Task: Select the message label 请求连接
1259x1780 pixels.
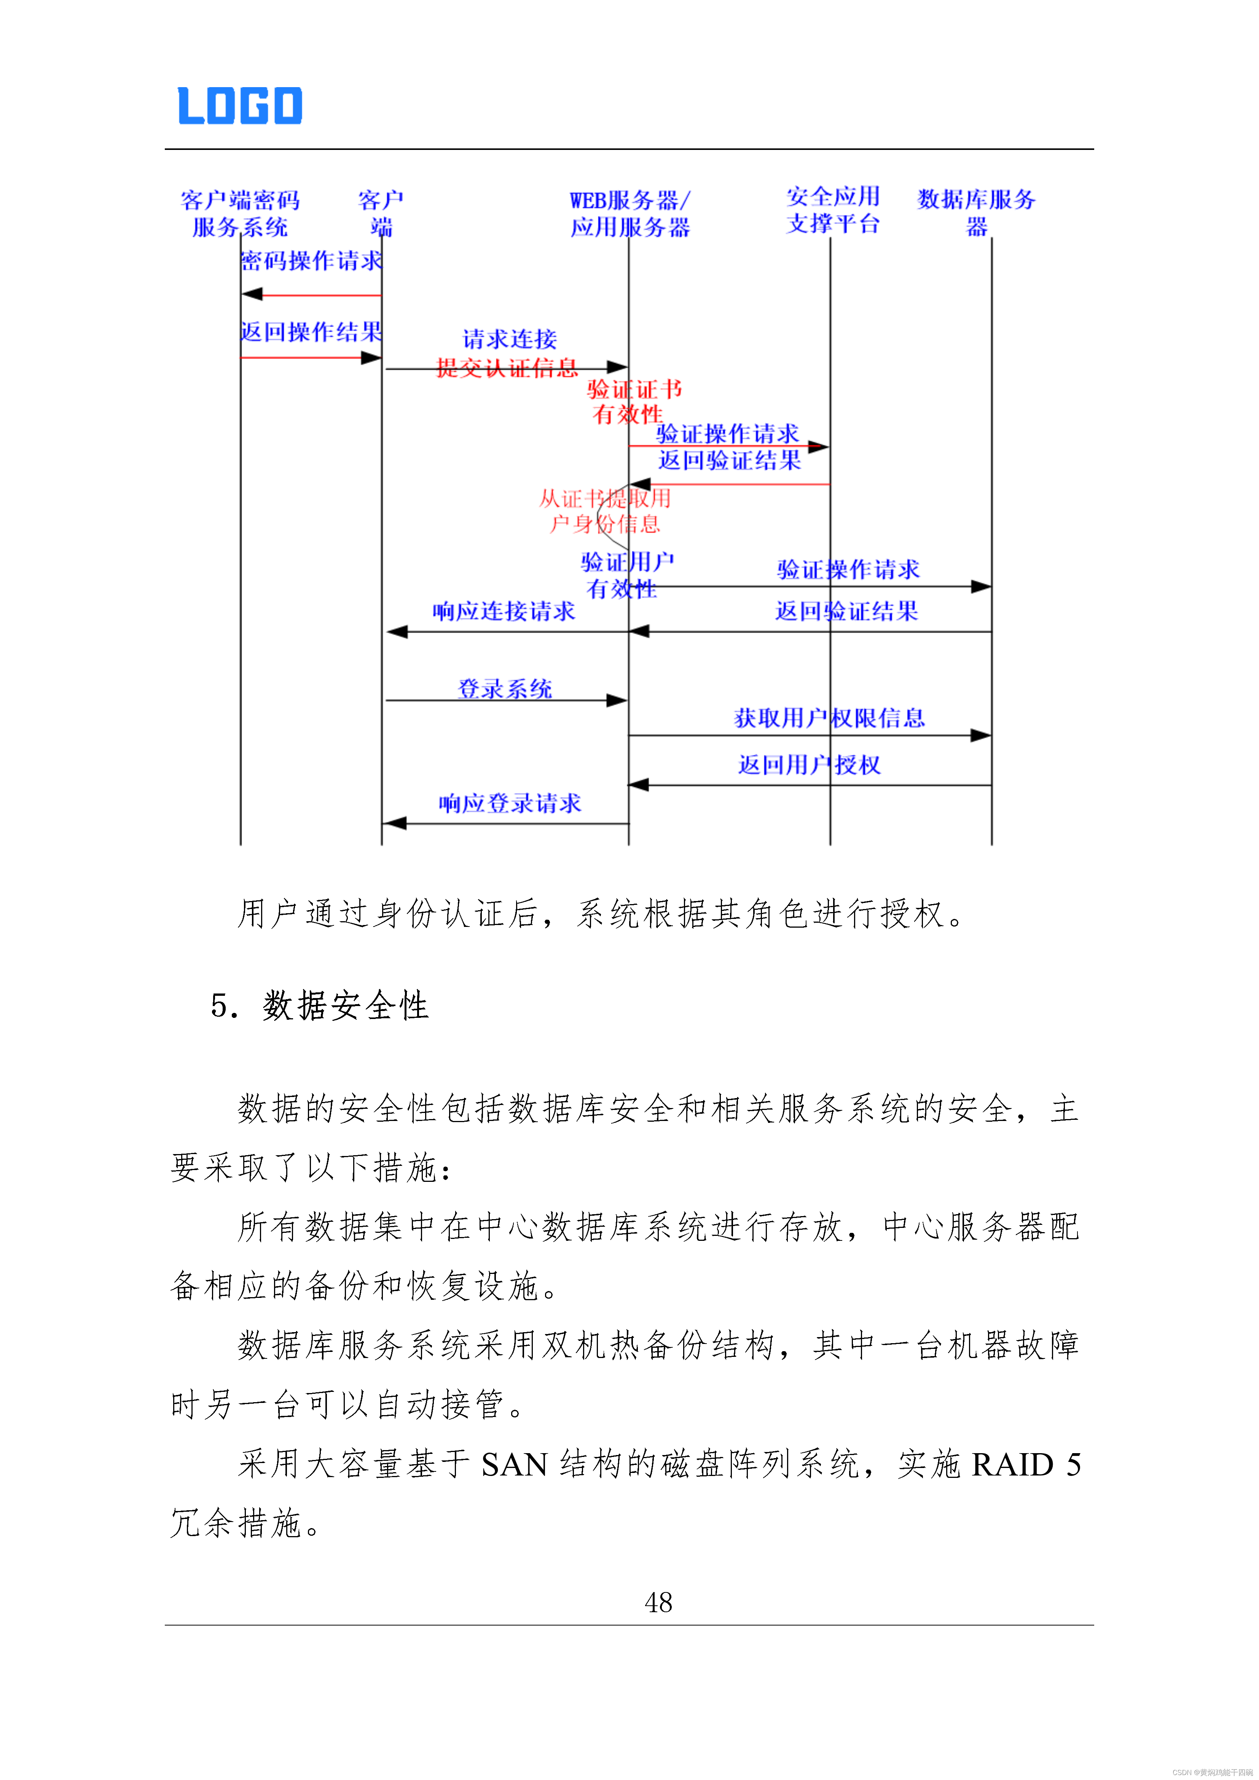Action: click(x=509, y=339)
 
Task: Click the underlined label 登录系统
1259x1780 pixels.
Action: click(x=505, y=688)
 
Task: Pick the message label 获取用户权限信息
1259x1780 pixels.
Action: click(x=829, y=718)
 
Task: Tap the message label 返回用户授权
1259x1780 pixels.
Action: click(x=809, y=765)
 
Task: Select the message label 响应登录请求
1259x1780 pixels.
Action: click(x=509, y=803)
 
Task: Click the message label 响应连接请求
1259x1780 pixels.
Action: click(x=504, y=611)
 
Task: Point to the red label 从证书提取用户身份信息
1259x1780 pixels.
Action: click(x=605, y=511)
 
